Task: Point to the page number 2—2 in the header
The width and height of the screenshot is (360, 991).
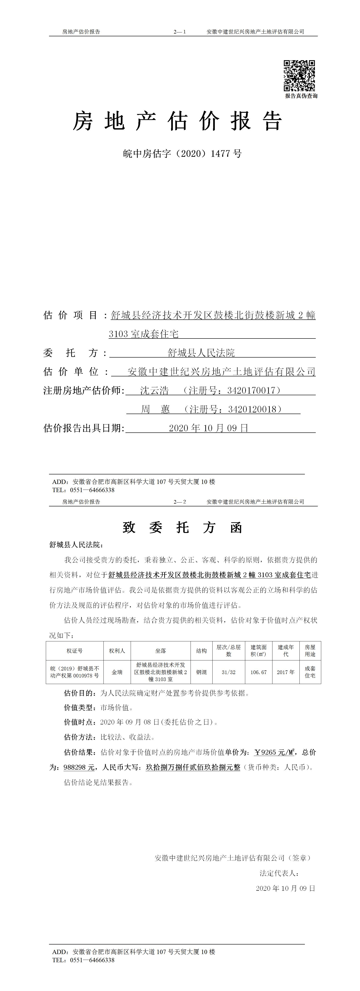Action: pos(180,502)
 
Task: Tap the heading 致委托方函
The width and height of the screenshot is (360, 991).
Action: pos(182,527)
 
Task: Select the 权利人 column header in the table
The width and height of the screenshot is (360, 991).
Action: pos(117,650)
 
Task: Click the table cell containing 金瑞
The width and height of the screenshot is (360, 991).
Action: pos(117,672)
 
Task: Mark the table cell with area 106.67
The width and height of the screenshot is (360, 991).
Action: pos(258,672)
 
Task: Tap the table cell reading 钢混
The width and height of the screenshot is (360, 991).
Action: pos(201,672)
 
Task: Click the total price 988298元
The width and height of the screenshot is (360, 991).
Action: pos(79,767)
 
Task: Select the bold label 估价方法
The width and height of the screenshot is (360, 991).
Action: pos(80,737)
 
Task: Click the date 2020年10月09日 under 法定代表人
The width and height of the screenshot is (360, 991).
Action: pos(285,888)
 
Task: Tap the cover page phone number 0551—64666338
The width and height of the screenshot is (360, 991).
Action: pos(92,490)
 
